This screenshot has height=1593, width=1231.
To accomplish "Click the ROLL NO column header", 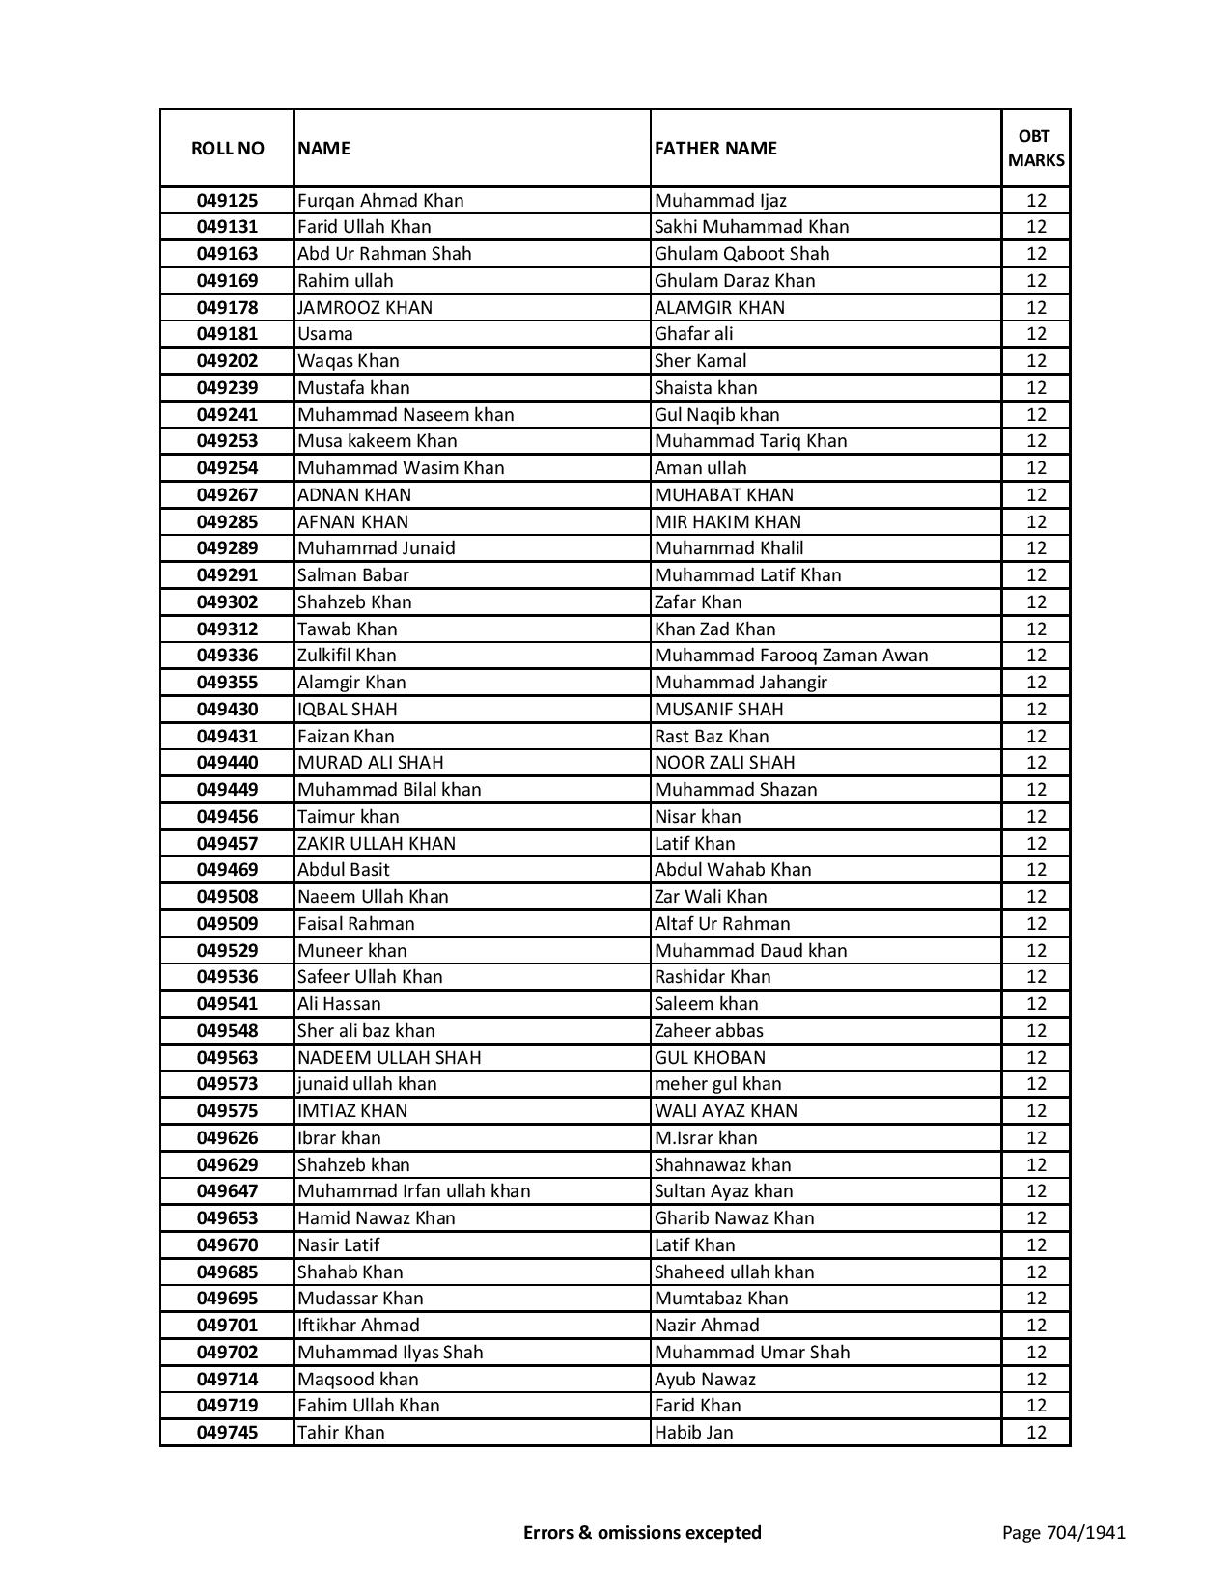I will (227, 148).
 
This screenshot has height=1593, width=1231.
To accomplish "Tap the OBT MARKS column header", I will (1036, 148).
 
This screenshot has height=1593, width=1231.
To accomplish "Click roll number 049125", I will (227, 201).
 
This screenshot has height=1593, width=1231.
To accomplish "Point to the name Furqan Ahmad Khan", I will (380, 201).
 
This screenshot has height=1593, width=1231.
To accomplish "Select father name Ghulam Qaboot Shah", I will (741, 254).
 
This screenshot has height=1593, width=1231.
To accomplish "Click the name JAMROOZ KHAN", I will (365, 308).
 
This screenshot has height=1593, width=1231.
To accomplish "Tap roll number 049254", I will (227, 468).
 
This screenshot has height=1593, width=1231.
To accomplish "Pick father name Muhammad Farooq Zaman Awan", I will (791, 656).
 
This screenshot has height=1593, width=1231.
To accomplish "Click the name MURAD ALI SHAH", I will (371, 763).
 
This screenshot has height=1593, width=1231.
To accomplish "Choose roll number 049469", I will (227, 870).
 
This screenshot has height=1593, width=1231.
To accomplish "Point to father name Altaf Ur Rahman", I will (722, 924).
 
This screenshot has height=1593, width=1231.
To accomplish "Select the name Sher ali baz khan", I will (366, 1031).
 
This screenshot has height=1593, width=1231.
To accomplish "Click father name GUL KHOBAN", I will (710, 1058).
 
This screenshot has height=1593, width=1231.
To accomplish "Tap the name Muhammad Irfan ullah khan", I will (413, 1191).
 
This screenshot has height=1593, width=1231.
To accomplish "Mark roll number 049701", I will (227, 1326).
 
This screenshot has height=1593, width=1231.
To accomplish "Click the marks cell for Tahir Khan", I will (1036, 1433).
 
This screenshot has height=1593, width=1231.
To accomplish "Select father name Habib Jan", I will (693, 1433).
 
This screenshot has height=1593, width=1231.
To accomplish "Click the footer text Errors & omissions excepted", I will (642, 1532).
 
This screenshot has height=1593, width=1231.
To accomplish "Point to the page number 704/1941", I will (1064, 1532).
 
